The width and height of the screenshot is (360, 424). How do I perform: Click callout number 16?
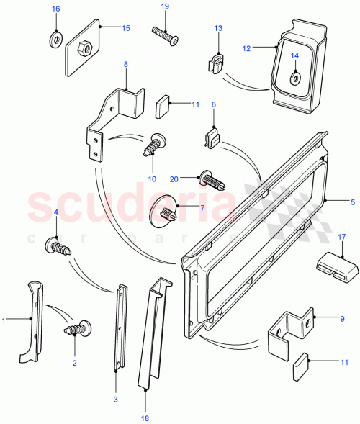point(56,9)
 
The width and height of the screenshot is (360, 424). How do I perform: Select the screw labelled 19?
point(162,32)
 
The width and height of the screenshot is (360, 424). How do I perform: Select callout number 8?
point(125,65)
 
